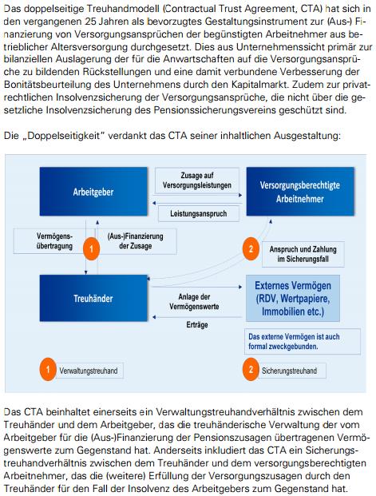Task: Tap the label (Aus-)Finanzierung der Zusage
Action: [131, 241]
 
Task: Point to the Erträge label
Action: [197, 325]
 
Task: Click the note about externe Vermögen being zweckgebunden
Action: [289, 342]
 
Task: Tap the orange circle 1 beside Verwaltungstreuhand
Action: [48, 370]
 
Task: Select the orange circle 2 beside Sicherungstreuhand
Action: [250, 370]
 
